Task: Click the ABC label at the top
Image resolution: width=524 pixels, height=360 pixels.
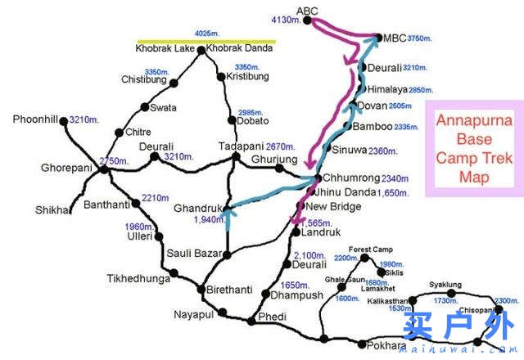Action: tap(307, 10)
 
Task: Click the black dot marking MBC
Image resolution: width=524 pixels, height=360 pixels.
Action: tap(377, 37)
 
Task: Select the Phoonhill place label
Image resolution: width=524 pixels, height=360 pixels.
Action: tap(35, 119)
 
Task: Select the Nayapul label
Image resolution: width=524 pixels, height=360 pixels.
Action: tap(194, 314)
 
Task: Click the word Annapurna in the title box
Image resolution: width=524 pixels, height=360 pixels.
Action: tap(470, 121)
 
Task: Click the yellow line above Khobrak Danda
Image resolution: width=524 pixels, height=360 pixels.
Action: tap(206, 41)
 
